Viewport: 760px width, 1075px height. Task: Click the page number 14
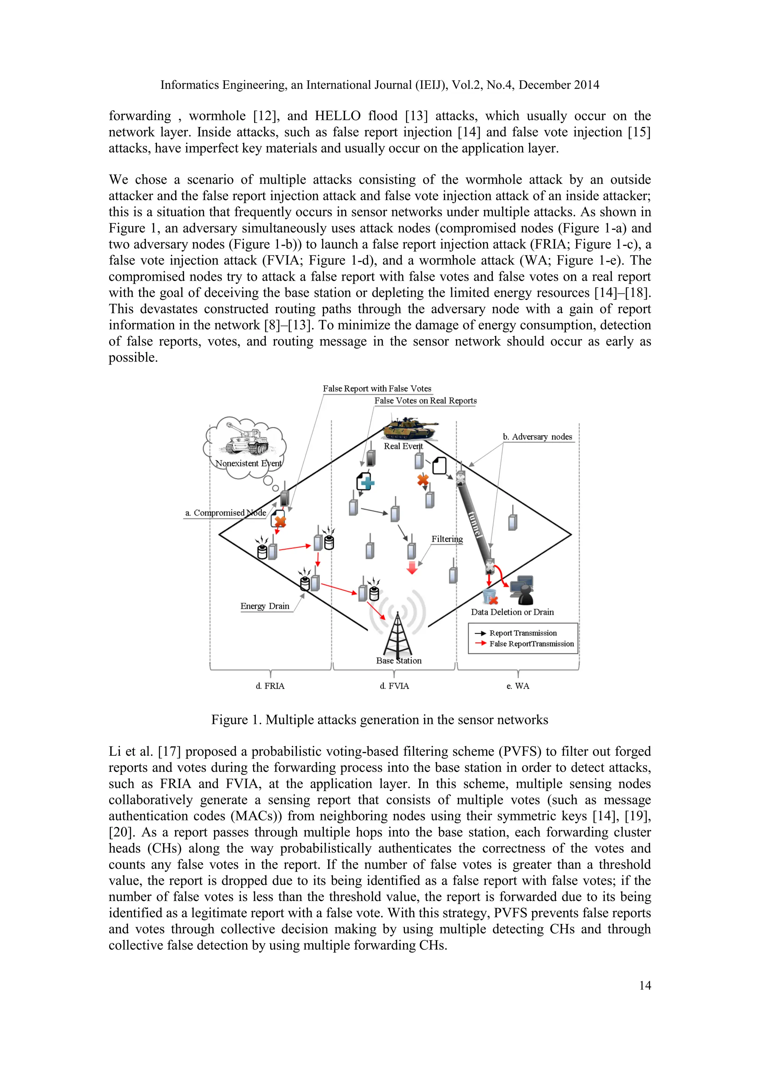tap(645, 986)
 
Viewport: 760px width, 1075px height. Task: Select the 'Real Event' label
tap(403, 446)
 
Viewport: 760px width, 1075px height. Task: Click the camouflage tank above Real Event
tap(409, 428)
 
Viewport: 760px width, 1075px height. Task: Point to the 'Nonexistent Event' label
tap(248, 464)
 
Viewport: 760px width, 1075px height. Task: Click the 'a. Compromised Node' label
tap(226, 513)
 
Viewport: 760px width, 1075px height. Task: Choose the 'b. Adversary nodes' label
tap(537, 437)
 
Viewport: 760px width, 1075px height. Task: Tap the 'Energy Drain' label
tap(265, 606)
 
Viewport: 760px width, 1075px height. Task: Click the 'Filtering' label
tap(447, 539)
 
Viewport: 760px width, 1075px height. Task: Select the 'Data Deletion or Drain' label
tap(512, 612)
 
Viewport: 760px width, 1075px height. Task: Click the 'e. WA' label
tap(518, 686)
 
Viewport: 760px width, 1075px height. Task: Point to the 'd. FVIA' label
tap(394, 686)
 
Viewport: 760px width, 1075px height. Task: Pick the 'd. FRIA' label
tap(270, 686)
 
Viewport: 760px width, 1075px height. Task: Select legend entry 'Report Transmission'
tap(523, 633)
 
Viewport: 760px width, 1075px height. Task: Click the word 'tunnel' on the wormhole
tap(475, 523)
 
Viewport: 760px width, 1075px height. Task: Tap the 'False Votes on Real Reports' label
tap(425, 401)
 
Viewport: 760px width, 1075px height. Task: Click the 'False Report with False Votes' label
tap(377, 389)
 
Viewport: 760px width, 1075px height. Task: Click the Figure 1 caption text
tap(380, 720)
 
